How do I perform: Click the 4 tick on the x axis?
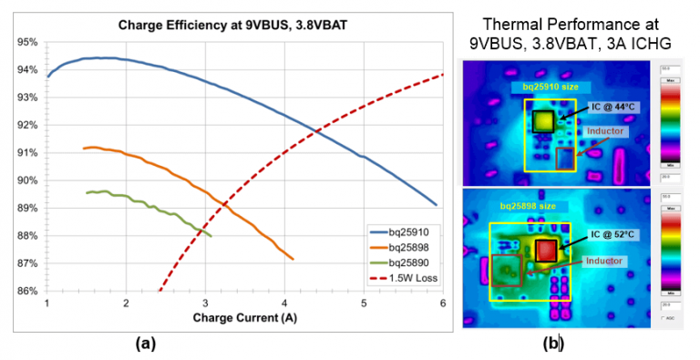[284, 303]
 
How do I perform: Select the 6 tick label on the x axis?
[443, 303]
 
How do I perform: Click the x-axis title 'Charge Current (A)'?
[245, 318]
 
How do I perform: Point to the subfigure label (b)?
[553, 344]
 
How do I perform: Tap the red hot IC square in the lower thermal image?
[546, 250]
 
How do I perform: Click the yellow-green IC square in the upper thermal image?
[544, 119]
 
